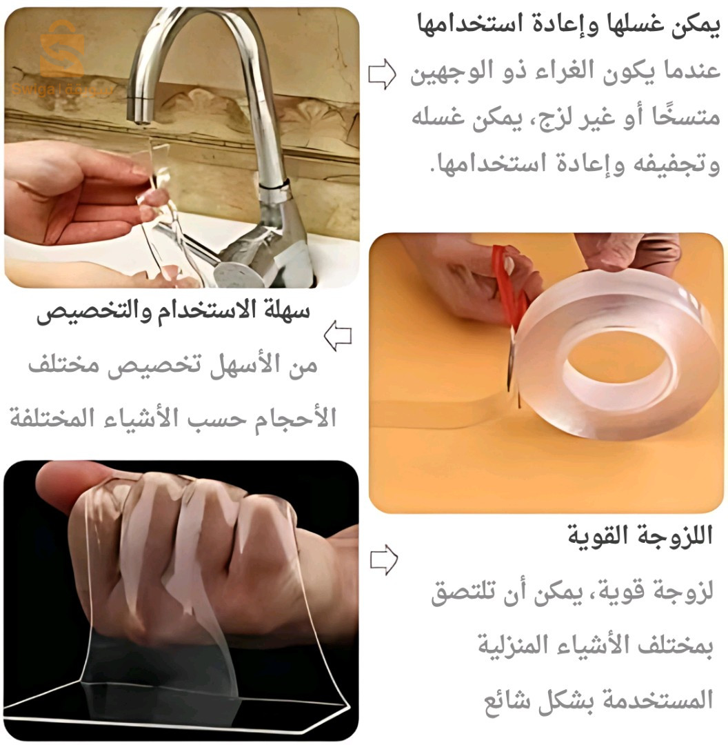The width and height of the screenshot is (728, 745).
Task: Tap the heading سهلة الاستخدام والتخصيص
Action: point(174,312)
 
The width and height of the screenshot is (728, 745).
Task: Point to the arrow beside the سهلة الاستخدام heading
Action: point(338,336)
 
